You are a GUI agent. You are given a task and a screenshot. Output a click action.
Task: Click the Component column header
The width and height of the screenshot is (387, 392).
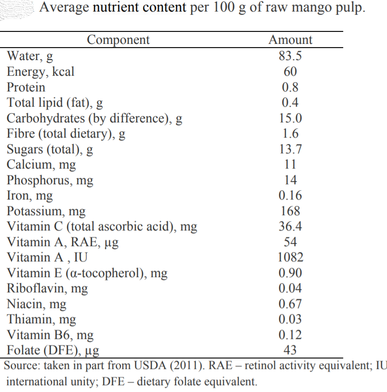point(118,40)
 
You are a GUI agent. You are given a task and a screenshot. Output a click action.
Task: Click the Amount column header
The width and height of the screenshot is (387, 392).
point(290,40)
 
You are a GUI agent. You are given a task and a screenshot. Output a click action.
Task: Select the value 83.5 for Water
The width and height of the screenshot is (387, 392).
point(290,56)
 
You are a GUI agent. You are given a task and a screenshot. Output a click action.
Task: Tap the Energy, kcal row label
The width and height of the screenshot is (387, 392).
point(41,72)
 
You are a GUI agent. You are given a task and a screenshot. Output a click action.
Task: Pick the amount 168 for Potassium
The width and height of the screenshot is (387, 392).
point(290,211)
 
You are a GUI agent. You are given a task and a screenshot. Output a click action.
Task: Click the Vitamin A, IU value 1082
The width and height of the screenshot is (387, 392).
point(290,257)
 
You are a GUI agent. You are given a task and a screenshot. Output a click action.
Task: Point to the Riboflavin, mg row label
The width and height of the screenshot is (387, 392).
point(47,289)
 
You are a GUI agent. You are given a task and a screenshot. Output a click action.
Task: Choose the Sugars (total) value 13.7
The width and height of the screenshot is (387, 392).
point(290,149)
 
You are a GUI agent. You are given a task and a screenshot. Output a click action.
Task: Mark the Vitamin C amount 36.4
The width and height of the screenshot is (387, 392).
point(290,226)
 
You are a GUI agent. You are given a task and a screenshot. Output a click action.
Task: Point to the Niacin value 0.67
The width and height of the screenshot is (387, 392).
point(290,304)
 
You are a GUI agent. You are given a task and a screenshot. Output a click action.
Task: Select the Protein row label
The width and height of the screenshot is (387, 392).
point(26,87)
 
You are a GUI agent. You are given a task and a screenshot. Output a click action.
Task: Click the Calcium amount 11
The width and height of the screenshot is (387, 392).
point(290,164)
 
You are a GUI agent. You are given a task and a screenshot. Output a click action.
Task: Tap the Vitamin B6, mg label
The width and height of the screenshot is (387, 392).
point(50,335)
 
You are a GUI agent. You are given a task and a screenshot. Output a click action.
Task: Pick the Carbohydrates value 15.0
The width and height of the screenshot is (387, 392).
point(290,118)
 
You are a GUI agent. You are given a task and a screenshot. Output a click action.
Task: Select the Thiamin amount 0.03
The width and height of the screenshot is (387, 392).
point(290,319)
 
